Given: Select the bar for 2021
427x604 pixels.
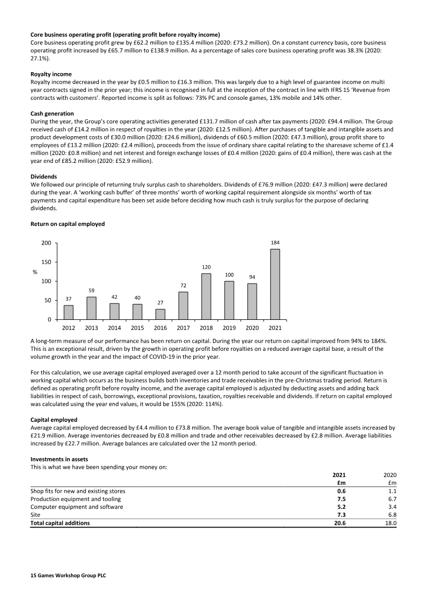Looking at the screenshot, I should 275,284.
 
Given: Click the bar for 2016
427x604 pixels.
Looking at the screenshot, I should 160,314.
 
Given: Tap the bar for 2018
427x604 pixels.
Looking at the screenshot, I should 206,296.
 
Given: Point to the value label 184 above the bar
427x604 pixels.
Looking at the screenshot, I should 275,243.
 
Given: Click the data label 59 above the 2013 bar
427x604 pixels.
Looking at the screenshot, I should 91,291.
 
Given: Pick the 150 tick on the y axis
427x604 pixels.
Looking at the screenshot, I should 46,262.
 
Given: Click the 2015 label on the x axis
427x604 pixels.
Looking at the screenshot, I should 137,327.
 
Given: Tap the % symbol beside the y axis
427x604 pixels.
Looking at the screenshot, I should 35,272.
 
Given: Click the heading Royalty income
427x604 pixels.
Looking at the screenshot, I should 51,74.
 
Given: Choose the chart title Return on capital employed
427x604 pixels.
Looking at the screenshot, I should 67,224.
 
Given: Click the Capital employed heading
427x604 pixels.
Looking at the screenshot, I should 54,420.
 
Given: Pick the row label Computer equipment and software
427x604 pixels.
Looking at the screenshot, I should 77,507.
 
